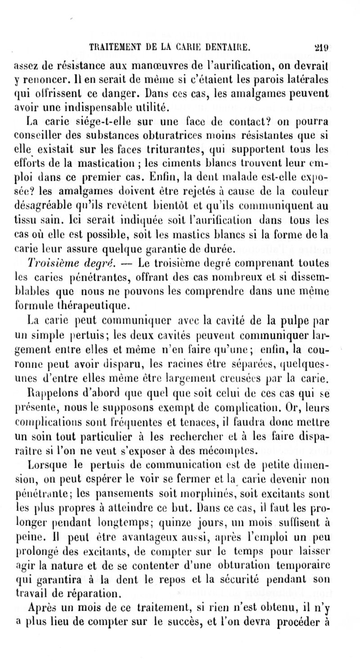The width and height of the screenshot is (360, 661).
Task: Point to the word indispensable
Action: tap(96, 107)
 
